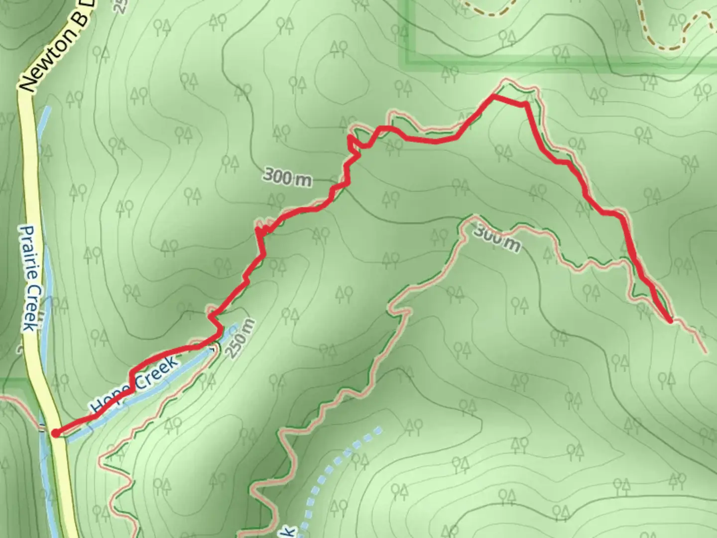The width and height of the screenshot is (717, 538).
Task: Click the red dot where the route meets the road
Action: point(55,433)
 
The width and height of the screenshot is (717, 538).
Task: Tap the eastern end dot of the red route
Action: point(671,321)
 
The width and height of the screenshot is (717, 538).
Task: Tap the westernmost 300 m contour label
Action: point(287,177)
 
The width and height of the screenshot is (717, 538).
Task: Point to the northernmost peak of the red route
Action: point(493,96)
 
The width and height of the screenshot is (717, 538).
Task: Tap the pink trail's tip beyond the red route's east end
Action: point(704,351)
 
